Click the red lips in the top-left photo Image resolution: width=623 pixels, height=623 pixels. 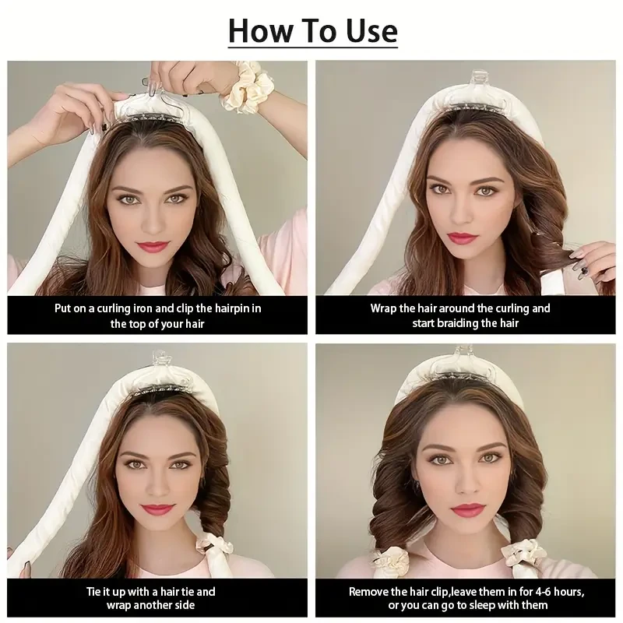click(153, 247)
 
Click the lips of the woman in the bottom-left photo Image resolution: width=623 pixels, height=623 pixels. click(157, 510)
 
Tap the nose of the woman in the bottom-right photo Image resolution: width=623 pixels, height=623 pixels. click(470, 483)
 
